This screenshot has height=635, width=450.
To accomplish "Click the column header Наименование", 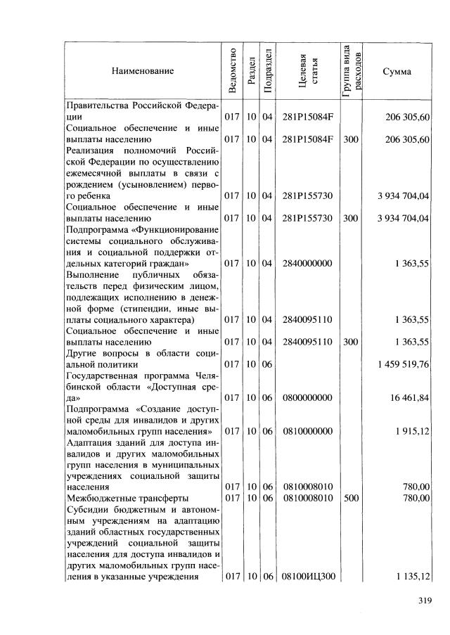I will pos(141,71).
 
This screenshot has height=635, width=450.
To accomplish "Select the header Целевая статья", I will pos(307,71).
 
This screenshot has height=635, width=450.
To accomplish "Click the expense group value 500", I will pos(350,498).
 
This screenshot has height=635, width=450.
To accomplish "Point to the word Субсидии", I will pos(89,509).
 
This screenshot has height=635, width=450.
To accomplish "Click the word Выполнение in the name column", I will pos(93,274).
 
